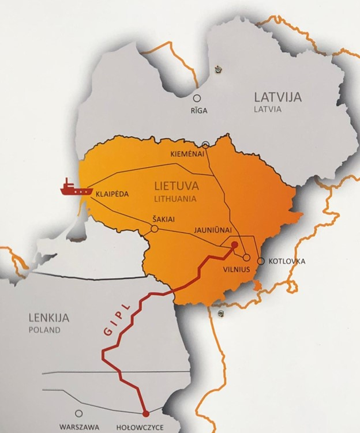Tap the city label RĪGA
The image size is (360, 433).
click(x=197, y=111)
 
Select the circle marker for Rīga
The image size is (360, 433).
click(x=197, y=99)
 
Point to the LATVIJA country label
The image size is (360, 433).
click(x=277, y=97)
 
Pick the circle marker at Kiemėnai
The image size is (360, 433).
click(x=206, y=145)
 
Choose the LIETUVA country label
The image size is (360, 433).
click(x=177, y=186)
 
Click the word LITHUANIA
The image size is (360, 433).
click(x=175, y=198)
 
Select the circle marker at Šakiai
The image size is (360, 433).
click(x=154, y=229)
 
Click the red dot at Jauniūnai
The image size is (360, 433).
click(x=234, y=246)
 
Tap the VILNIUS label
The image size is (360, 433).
click(x=237, y=269)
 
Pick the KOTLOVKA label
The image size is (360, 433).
click(x=287, y=262)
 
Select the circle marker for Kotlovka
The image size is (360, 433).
click(x=261, y=261)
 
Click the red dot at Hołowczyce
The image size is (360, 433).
click(x=145, y=413)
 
